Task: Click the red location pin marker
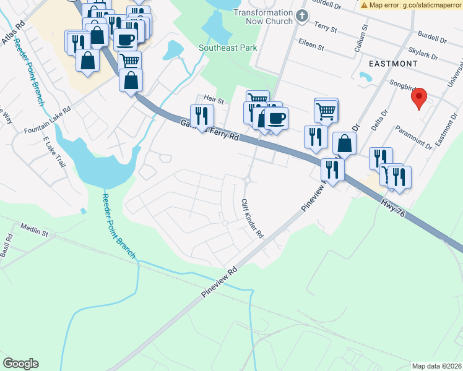(x=419, y=98)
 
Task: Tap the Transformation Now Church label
(x=262, y=13)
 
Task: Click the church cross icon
(x=302, y=15)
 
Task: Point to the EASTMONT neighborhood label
(x=392, y=64)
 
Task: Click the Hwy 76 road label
(x=392, y=205)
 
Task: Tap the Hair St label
(x=214, y=98)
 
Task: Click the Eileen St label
(x=311, y=46)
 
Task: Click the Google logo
(x=20, y=364)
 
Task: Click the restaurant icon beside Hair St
(x=202, y=116)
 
